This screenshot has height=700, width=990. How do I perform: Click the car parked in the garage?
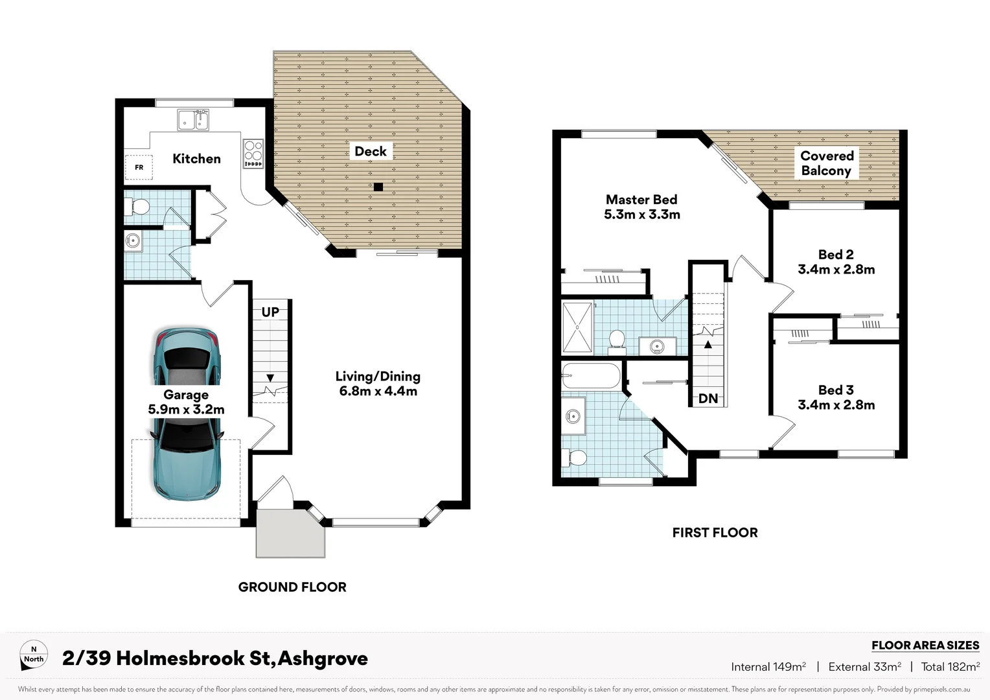tap(187, 415)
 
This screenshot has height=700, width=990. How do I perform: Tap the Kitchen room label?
tap(196, 159)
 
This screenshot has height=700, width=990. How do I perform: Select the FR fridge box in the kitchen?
tap(139, 167)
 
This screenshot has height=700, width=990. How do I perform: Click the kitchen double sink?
tap(193, 120)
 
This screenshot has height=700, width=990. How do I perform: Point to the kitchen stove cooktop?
tap(253, 154)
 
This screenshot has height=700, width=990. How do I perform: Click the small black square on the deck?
tap(378, 187)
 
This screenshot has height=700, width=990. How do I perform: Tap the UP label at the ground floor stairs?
tap(270, 312)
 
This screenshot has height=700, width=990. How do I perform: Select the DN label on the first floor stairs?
tap(708, 399)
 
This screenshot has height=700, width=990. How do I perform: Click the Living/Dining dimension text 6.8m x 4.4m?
tap(378, 391)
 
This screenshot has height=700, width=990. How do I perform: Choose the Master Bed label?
tap(641, 200)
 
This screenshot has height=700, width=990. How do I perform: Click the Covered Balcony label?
tap(827, 163)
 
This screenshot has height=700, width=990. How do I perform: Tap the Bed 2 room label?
tap(836, 255)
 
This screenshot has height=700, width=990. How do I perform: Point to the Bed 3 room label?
tap(836, 390)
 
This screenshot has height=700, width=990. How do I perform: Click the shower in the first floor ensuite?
tap(577, 327)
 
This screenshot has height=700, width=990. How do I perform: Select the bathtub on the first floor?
tap(591, 375)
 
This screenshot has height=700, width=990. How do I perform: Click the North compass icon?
tap(34, 655)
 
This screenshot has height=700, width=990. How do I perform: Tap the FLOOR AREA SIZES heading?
tap(925, 646)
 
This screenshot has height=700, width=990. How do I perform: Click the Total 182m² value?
tap(950, 667)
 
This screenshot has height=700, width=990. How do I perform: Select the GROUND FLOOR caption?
tap(292, 587)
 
